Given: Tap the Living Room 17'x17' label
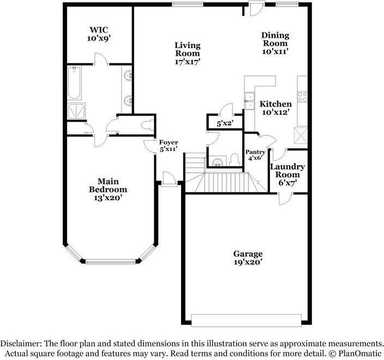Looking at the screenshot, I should pyautogui.click(x=187, y=53).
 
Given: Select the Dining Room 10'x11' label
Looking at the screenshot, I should pyautogui.click(x=275, y=43).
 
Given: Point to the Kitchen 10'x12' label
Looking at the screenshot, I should pyautogui.click(x=275, y=108).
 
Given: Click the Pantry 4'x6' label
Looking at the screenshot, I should pyautogui.click(x=255, y=155).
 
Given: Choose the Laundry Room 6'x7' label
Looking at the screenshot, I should pyautogui.click(x=287, y=175).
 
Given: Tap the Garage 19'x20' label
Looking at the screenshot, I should pyautogui.click(x=248, y=258).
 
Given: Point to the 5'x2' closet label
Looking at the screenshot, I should pyautogui.click(x=225, y=124).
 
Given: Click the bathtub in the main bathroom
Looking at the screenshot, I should pyautogui.click(x=74, y=83).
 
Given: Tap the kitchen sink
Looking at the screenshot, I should pyautogui.click(x=250, y=101).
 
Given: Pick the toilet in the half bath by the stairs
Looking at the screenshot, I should pyautogui.click(x=235, y=159).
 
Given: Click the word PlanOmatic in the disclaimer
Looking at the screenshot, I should pyautogui.click(x=361, y=353).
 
